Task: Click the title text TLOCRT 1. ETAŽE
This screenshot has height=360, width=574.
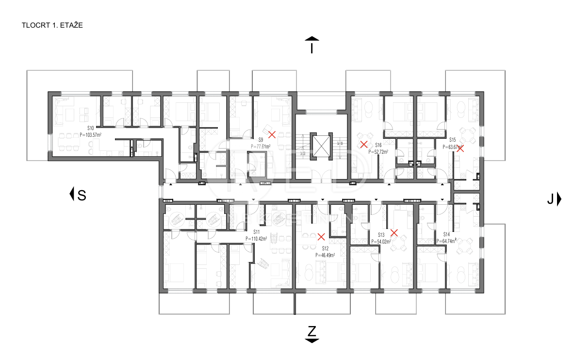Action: (x=52, y=25)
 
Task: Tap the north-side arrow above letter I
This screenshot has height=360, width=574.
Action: (x=312, y=38)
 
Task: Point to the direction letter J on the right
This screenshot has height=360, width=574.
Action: (x=550, y=199)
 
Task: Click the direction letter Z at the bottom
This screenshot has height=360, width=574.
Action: (x=312, y=331)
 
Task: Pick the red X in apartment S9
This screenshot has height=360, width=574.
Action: (x=272, y=134)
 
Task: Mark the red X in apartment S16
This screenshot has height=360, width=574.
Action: (x=364, y=144)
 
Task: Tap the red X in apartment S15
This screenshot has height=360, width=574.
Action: (x=460, y=148)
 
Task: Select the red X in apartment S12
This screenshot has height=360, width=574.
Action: (x=321, y=237)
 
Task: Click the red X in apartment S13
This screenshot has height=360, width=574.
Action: (x=394, y=233)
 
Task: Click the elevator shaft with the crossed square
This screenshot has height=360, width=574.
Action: (x=321, y=145)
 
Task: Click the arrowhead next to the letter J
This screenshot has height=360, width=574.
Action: (x=559, y=199)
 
